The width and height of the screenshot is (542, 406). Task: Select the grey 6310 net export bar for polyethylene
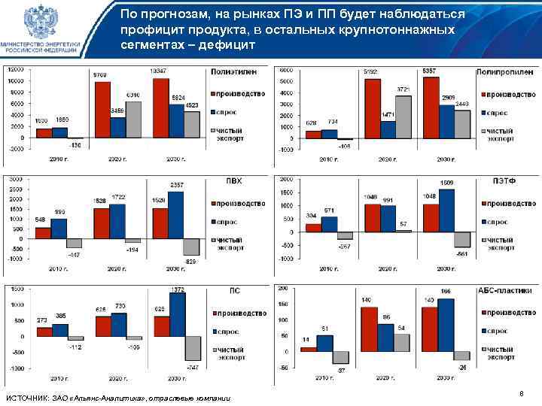[133, 120]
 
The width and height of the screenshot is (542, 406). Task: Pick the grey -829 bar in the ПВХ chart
[191, 247]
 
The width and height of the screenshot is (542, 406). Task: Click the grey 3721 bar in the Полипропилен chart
[403, 117]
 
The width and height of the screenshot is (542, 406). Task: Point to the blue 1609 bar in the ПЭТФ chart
[446, 211]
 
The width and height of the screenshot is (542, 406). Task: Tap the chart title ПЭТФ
[504, 181]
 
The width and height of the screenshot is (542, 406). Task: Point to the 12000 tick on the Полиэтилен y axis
[15, 70]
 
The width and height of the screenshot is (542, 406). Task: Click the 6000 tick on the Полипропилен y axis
[286, 70]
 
